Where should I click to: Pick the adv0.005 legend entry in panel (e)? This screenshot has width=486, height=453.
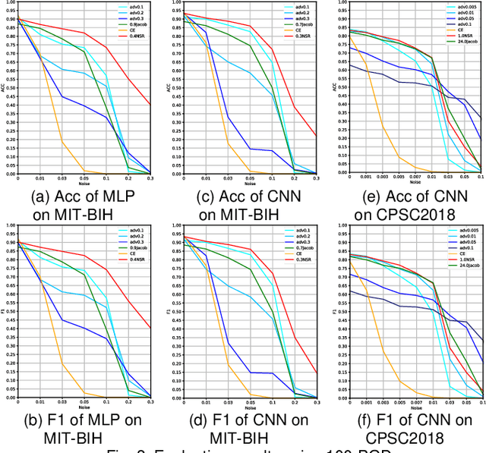(463, 6)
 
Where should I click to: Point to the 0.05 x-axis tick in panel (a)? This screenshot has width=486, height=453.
(84, 178)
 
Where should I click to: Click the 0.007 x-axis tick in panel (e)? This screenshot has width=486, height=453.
(415, 178)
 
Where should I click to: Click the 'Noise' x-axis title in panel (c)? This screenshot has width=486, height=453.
(251, 183)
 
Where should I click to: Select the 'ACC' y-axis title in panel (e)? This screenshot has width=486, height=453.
(333, 86)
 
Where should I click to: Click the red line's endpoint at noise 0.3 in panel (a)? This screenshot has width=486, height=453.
(150, 105)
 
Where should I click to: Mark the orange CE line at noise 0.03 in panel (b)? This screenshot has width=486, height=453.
(62, 364)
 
